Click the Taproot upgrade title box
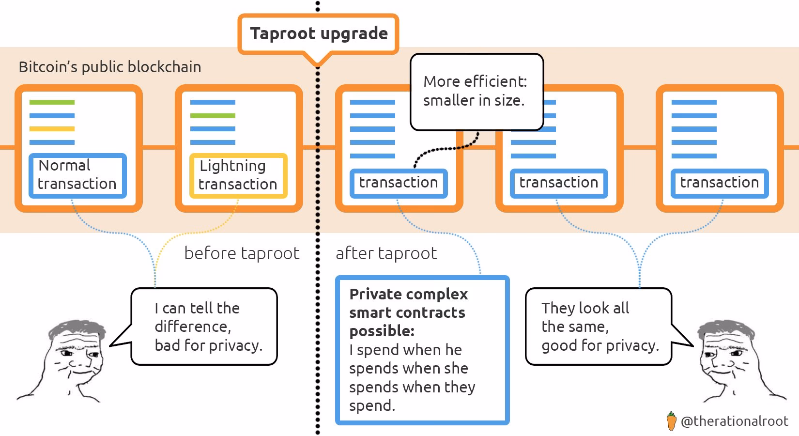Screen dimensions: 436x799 (318, 33)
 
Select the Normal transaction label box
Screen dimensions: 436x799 (77, 175)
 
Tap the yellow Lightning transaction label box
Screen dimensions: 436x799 (238, 175)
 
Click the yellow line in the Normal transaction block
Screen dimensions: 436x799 (52, 129)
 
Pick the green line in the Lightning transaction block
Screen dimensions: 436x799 (213, 116)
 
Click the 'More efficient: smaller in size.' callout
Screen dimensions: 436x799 (476, 92)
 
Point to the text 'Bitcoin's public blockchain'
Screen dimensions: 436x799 (110, 67)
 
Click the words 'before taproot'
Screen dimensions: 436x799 (242, 253)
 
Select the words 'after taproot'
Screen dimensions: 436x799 (386, 253)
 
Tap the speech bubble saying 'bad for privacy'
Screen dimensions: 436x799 (204, 327)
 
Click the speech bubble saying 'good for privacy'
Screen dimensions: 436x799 (599, 327)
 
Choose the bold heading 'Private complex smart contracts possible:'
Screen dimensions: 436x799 (408, 312)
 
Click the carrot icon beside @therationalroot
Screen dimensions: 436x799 (671, 421)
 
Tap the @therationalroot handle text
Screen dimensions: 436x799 (734, 421)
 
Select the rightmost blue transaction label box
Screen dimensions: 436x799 (719, 183)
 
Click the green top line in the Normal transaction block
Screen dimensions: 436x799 (52, 102)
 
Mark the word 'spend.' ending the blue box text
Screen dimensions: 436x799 (372, 405)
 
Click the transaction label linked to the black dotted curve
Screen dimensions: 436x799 (398, 183)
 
